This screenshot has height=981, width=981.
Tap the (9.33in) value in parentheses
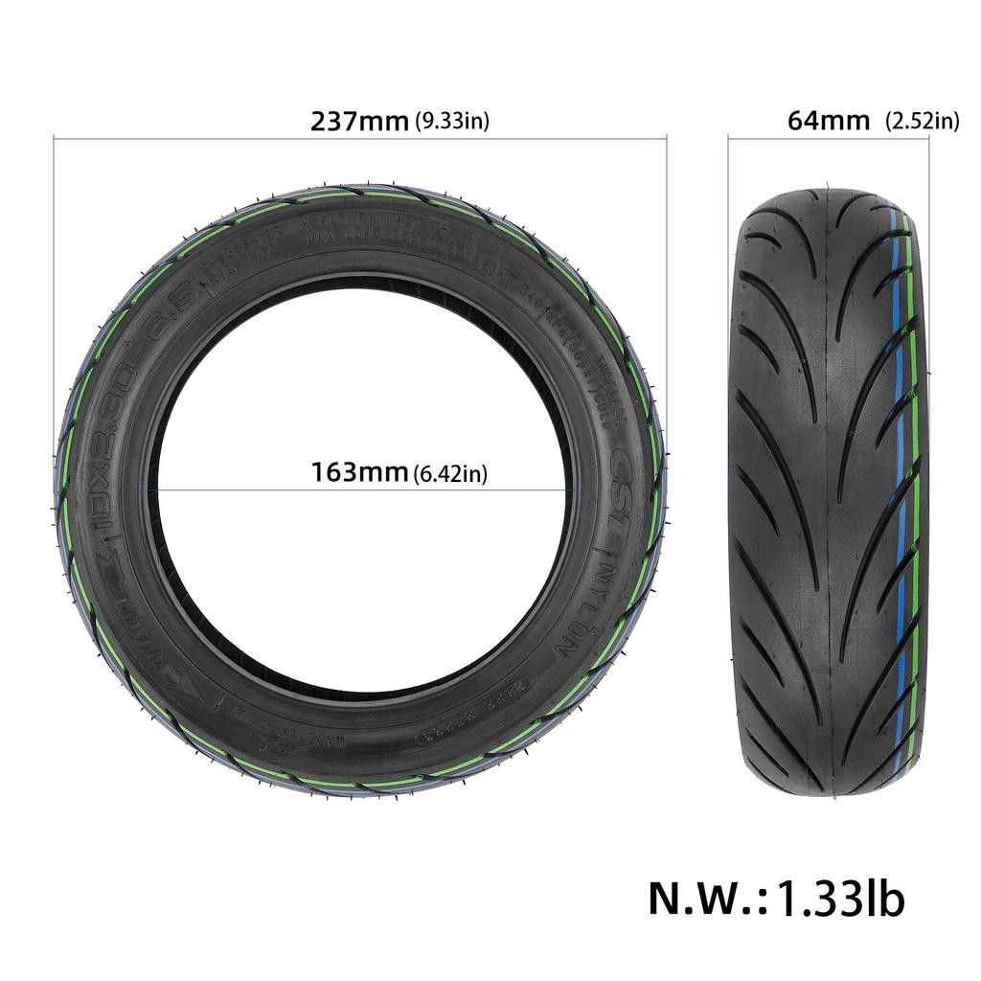452,122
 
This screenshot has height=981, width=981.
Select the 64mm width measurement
829,121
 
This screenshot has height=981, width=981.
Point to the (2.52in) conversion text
922,121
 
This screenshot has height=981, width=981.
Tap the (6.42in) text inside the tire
450,474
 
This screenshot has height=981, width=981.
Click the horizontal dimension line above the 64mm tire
828,139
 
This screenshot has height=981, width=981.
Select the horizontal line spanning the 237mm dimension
360,139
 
